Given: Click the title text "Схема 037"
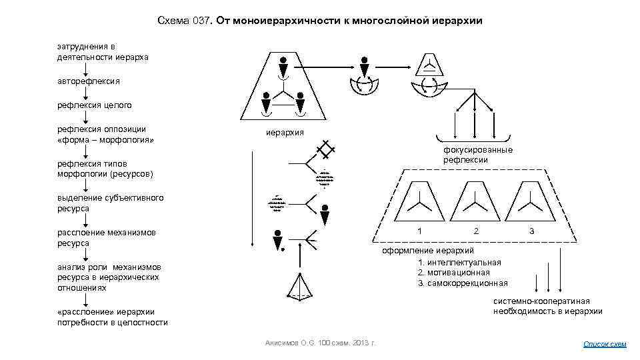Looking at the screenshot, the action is (184, 21).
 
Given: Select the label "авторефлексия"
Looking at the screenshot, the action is (89, 81).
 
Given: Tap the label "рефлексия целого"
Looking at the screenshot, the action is (94, 105).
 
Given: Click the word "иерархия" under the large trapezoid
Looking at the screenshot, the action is (285, 132).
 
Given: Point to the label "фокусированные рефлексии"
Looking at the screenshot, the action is (478, 155).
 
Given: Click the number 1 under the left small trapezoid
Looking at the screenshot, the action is (419, 231).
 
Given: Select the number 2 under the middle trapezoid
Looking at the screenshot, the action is (475, 231).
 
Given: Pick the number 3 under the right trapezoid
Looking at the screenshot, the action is (531, 231).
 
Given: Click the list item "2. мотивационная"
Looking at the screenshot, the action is (453, 272).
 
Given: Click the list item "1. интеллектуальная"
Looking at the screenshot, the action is (459, 261).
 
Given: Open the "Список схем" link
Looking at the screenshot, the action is (605, 344).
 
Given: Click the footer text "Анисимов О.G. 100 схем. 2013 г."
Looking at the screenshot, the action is (320, 343).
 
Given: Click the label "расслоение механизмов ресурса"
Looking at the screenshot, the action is (107, 237).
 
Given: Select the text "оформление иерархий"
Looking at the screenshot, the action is (427, 251).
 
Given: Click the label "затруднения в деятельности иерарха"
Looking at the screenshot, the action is (102, 52).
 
